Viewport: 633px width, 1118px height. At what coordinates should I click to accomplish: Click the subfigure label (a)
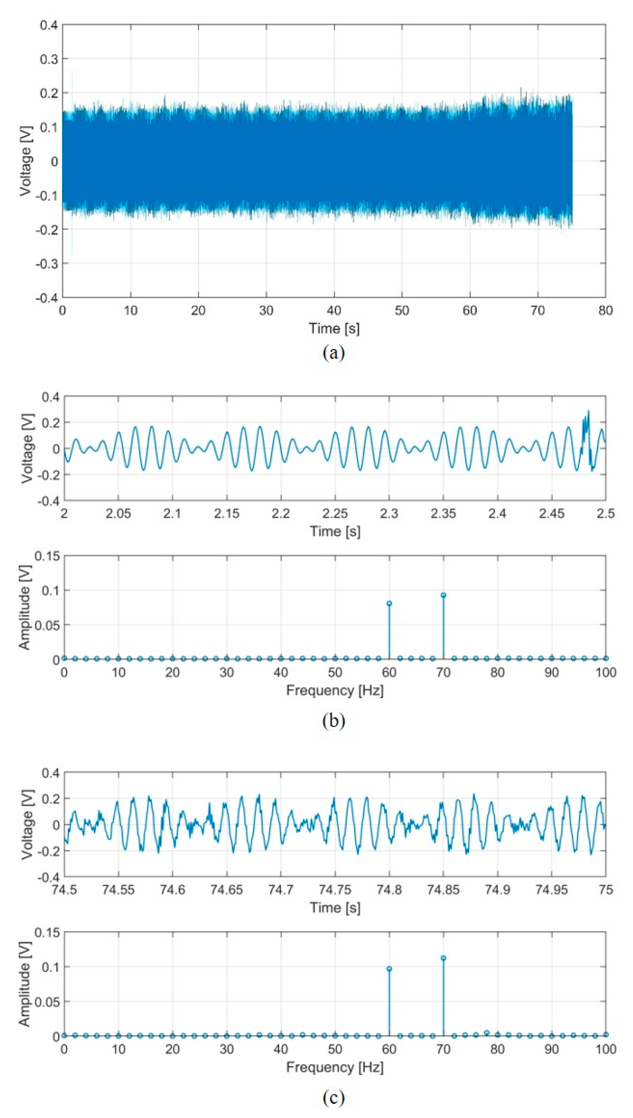coord(333,352)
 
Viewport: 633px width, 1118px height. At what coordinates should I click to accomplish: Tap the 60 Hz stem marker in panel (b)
coord(389,603)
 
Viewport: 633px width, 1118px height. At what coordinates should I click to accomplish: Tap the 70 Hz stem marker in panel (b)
coord(443,595)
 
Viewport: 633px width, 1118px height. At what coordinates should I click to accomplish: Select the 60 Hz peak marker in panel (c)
coord(389,968)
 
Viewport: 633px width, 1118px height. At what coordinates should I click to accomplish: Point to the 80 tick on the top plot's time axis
coord(605,310)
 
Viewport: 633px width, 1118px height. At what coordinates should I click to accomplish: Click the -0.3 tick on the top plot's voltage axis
coord(49,263)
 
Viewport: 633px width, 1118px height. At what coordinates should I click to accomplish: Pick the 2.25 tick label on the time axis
coord(335,514)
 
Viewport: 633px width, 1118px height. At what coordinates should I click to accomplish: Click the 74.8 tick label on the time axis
coord(389,890)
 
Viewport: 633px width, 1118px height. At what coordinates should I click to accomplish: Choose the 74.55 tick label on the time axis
coord(118,890)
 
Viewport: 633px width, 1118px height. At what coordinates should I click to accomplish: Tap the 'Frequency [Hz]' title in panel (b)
coord(335,690)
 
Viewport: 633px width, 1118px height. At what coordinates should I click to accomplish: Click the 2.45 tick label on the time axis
coord(551,514)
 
